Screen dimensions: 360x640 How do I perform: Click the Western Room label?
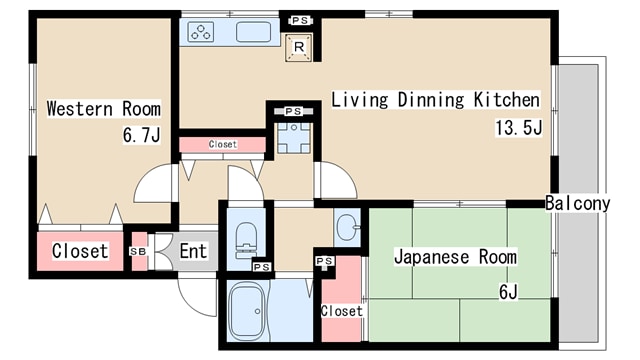pyautogui.click(x=104, y=109)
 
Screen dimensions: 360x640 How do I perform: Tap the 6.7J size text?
pyautogui.click(x=141, y=135)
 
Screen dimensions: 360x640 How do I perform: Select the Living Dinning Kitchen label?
pyautogui.click(x=435, y=100)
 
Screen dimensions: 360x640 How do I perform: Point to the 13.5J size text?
pyautogui.click(x=517, y=127)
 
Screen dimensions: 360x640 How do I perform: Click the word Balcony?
pyautogui.click(x=577, y=203)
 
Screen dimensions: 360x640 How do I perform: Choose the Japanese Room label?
pyautogui.click(x=455, y=257)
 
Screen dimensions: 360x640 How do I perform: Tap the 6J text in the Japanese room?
pyautogui.click(x=508, y=292)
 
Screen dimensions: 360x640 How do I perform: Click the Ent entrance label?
pyautogui.click(x=192, y=251)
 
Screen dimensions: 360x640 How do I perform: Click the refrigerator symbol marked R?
pyautogui.click(x=296, y=45)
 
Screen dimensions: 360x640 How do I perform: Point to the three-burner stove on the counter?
pyautogui.click(x=201, y=32)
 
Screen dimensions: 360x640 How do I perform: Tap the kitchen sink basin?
pyautogui.click(x=253, y=32)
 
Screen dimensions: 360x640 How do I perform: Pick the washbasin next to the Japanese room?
pyautogui.click(x=346, y=228)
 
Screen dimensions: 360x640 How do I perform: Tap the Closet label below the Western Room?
pyautogui.click(x=80, y=251)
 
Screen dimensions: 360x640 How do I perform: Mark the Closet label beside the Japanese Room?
pyautogui.click(x=342, y=311)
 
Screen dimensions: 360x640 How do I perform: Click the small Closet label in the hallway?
pyautogui.click(x=222, y=145)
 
